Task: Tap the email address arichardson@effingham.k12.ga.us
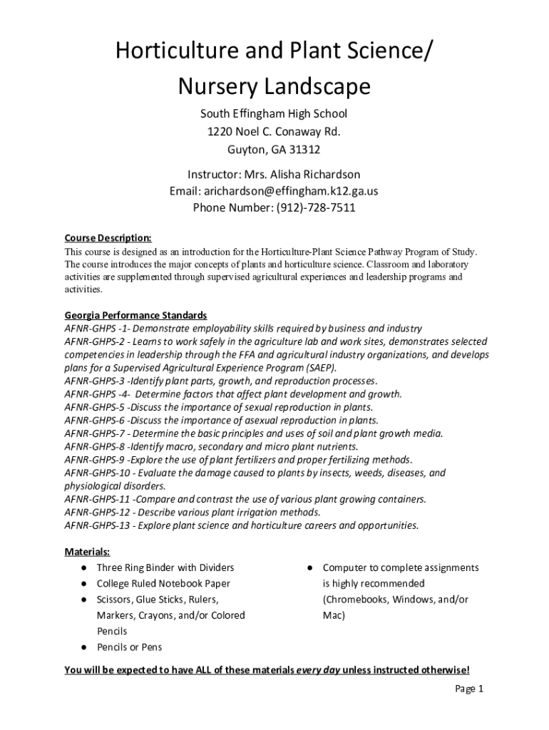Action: coord(291,191)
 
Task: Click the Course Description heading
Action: coord(108,238)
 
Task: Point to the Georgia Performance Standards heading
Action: coord(136,315)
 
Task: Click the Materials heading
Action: coord(87,552)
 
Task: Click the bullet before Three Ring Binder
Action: coord(84,568)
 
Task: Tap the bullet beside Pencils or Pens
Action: coord(84,647)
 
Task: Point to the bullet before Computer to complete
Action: coord(311,568)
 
